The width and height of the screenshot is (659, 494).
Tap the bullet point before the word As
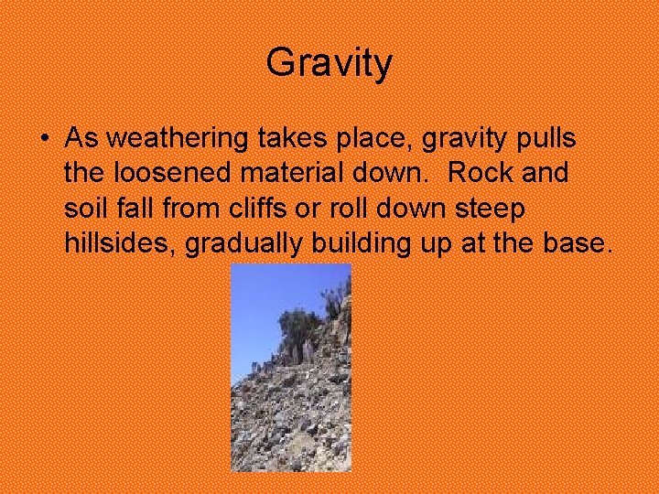pyautogui.click(x=44, y=139)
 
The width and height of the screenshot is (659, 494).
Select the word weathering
pyautogui.click(x=176, y=139)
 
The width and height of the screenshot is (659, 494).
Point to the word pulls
pyautogui.click(x=546, y=139)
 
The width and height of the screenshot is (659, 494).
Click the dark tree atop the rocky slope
pyautogui.click(x=300, y=324)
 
